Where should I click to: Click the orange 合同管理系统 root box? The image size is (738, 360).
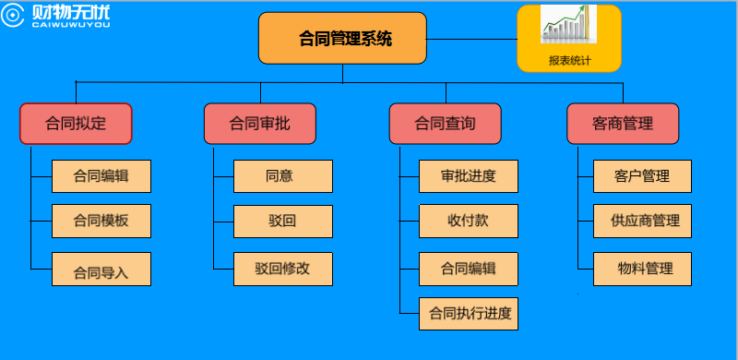tap(342, 39)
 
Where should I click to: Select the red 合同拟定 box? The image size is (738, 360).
tap(76, 124)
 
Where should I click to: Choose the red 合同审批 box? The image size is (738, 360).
tap(260, 124)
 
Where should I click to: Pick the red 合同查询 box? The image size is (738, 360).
tap(446, 124)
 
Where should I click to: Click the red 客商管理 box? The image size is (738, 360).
tap(623, 124)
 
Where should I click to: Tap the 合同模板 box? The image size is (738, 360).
tap(101, 222)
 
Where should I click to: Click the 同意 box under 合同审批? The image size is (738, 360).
tap(282, 175)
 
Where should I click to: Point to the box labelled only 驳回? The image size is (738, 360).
tap(282, 222)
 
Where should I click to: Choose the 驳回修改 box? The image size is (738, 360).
tap(282, 269)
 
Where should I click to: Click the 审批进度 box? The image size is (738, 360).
tap(468, 175)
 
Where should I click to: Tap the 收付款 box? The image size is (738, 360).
tap(468, 222)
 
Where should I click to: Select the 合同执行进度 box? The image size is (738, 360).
tap(468, 314)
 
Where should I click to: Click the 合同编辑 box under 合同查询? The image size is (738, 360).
tap(468, 269)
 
